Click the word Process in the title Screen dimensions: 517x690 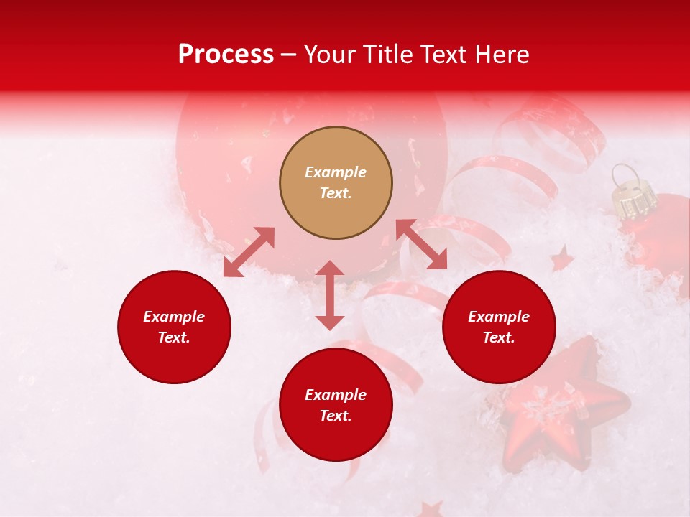(226, 55)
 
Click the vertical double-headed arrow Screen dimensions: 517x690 (330, 295)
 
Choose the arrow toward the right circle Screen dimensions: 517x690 (422, 245)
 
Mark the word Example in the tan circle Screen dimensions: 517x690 (336, 172)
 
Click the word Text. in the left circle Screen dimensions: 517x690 (174, 337)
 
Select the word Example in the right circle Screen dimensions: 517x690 (499, 317)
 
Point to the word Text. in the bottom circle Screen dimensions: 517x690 (336, 416)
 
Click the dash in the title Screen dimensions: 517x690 (289, 55)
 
